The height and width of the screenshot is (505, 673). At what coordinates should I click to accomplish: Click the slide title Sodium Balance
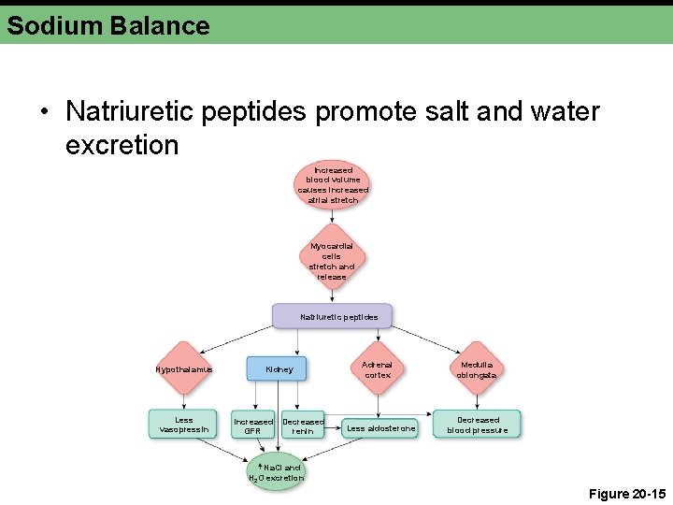(107, 25)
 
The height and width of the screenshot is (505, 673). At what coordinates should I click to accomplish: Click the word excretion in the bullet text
(122, 145)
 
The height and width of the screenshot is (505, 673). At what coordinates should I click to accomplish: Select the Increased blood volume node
(333, 185)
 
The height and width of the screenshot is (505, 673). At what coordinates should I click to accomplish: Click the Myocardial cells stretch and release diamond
(332, 255)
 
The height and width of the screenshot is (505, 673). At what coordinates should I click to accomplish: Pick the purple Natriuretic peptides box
(333, 316)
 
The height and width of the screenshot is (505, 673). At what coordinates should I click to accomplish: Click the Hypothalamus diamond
(184, 368)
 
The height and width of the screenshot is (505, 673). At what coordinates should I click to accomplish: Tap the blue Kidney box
(279, 368)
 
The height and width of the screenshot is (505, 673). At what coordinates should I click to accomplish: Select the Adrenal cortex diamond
(378, 368)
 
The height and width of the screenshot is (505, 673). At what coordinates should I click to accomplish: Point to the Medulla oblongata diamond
(477, 368)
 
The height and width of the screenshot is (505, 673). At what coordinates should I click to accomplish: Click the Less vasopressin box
(184, 425)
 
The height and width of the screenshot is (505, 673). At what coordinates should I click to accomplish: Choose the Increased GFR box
(253, 426)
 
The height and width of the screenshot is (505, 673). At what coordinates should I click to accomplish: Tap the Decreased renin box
(303, 426)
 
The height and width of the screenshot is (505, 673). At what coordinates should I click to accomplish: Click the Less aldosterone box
(380, 427)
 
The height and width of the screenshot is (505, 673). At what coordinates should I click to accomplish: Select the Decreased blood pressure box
(477, 425)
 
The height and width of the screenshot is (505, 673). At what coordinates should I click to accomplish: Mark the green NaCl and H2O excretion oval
(276, 472)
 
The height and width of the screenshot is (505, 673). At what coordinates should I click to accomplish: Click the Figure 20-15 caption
(627, 493)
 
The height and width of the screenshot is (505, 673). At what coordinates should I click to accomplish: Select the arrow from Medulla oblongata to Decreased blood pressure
(477, 397)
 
